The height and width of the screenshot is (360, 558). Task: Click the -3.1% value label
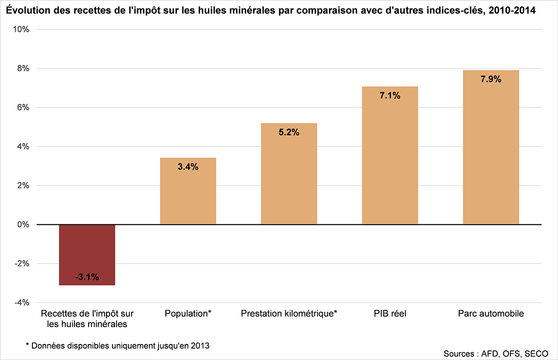[87, 277]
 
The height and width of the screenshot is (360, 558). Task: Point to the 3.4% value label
[188, 167]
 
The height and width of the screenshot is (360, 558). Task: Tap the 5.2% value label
[289, 132]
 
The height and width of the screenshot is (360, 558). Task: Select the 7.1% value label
[390, 95]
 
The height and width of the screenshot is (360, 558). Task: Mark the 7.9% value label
[491, 79]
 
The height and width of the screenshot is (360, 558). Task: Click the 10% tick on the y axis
[21, 29]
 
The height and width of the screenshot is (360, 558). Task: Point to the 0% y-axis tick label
[23, 225]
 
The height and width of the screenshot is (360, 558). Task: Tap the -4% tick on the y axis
[22, 303]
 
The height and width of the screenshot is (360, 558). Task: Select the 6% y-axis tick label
[23, 107]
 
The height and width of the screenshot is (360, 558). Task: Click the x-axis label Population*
[188, 314]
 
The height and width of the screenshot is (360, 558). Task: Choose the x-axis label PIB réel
[389, 314]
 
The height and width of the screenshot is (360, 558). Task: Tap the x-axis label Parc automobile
[491, 314]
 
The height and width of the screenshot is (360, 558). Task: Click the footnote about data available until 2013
[117, 346]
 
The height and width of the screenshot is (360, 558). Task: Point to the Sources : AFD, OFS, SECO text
[495, 354]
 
